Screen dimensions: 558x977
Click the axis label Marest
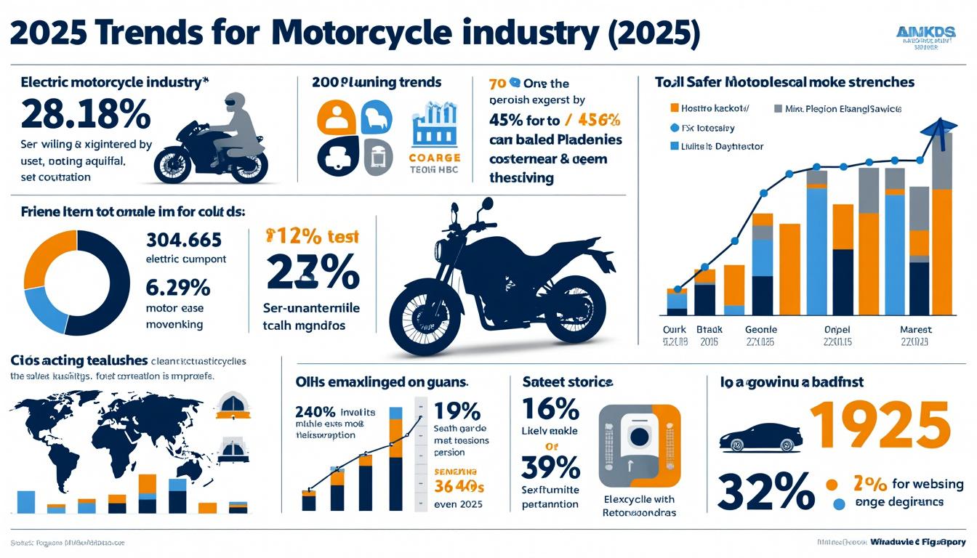coord(915,329)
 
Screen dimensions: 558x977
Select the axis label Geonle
coord(760,329)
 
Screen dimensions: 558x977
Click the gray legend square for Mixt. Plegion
coord(779,108)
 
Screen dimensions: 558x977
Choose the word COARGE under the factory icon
coord(435,158)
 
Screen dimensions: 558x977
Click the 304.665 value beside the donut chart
coord(183,240)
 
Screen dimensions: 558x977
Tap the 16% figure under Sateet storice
coord(550,410)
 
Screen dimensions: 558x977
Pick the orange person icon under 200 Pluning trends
coord(336,117)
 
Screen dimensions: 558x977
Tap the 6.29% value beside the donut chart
coord(178,288)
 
